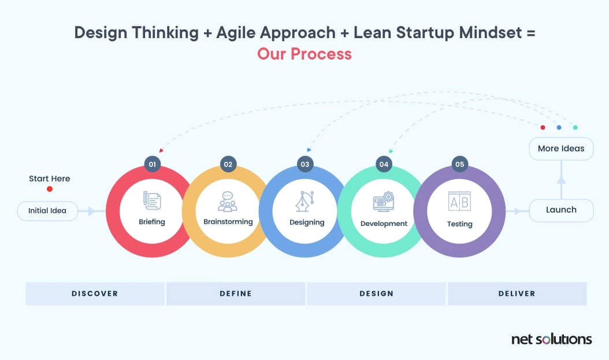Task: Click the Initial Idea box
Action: [x=47, y=211]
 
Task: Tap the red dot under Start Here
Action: [x=50, y=189]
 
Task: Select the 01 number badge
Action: [x=153, y=164]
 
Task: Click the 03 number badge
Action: [x=305, y=164]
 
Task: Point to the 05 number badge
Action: [x=460, y=164]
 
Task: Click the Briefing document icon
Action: [x=152, y=201]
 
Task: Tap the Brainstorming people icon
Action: [x=228, y=201]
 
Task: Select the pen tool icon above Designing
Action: [x=306, y=201]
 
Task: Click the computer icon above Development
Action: [x=384, y=202]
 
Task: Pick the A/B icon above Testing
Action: [x=460, y=201]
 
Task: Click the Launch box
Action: [x=561, y=210]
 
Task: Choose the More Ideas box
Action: [x=561, y=149]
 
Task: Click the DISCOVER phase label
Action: [x=95, y=294]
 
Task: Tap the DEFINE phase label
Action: [x=236, y=294]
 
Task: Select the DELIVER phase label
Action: [x=517, y=294]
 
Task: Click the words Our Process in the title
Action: [x=304, y=54]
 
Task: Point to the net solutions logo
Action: [x=551, y=339]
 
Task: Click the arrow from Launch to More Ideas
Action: [x=561, y=180]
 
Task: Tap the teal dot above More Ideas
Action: [x=575, y=127]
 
